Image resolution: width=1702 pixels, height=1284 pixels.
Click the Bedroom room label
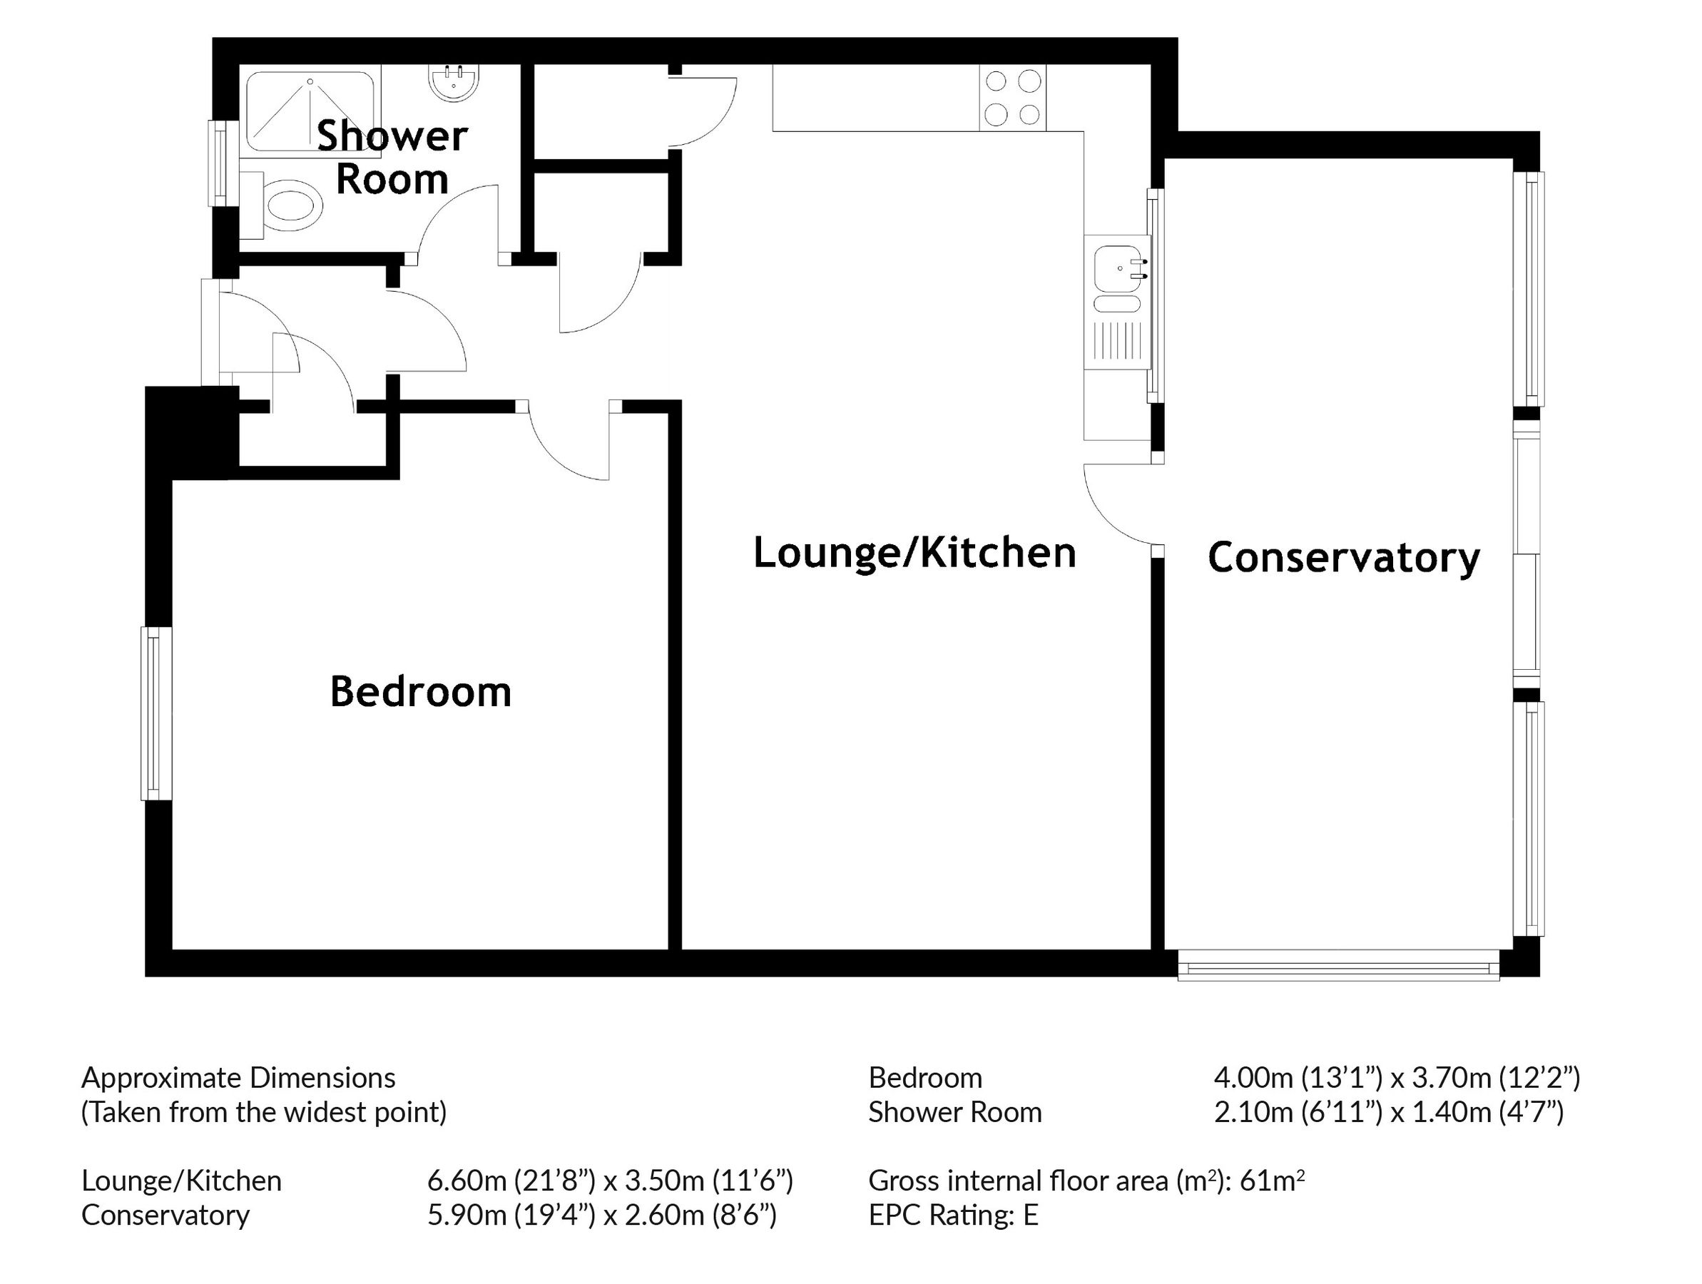click(x=420, y=692)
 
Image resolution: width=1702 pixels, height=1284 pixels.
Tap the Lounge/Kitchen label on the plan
click(x=914, y=553)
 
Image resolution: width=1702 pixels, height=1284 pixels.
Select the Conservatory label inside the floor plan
click(x=1343, y=558)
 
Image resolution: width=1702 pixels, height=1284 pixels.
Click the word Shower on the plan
click(x=392, y=136)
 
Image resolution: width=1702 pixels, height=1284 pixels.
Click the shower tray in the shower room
click(x=311, y=111)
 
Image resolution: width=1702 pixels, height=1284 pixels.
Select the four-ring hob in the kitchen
click(x=1013, y=98)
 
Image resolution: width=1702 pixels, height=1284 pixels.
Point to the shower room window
click(x=220, y=163)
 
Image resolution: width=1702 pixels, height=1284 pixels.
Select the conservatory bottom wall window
click(x=1338, y=966)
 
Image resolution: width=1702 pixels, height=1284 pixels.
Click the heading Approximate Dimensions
click(x=238, y=1078)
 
